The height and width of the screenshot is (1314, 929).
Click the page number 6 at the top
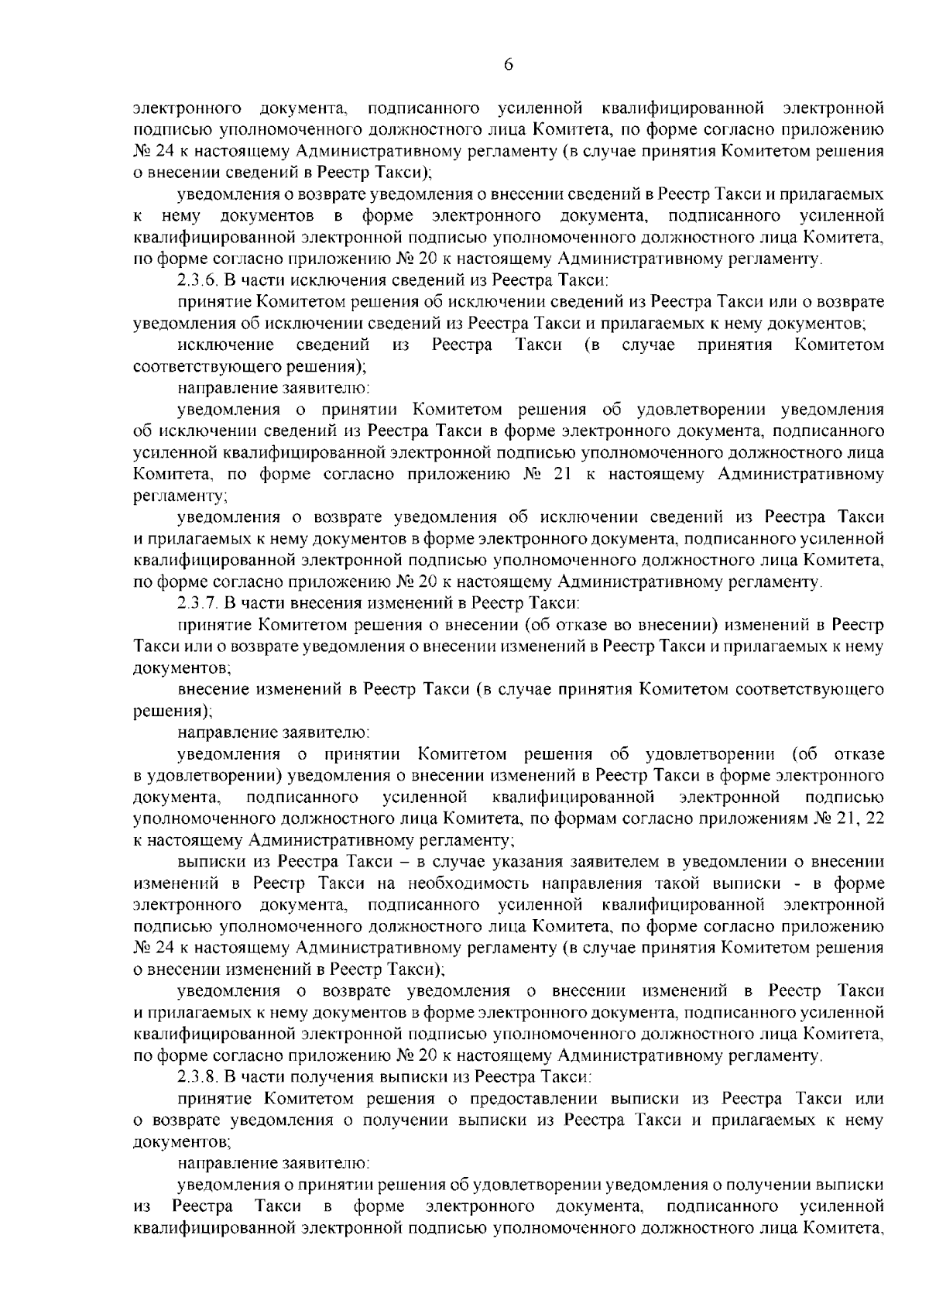tap(508, 65)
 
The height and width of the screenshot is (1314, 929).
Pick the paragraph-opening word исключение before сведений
tap(225, 345)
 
